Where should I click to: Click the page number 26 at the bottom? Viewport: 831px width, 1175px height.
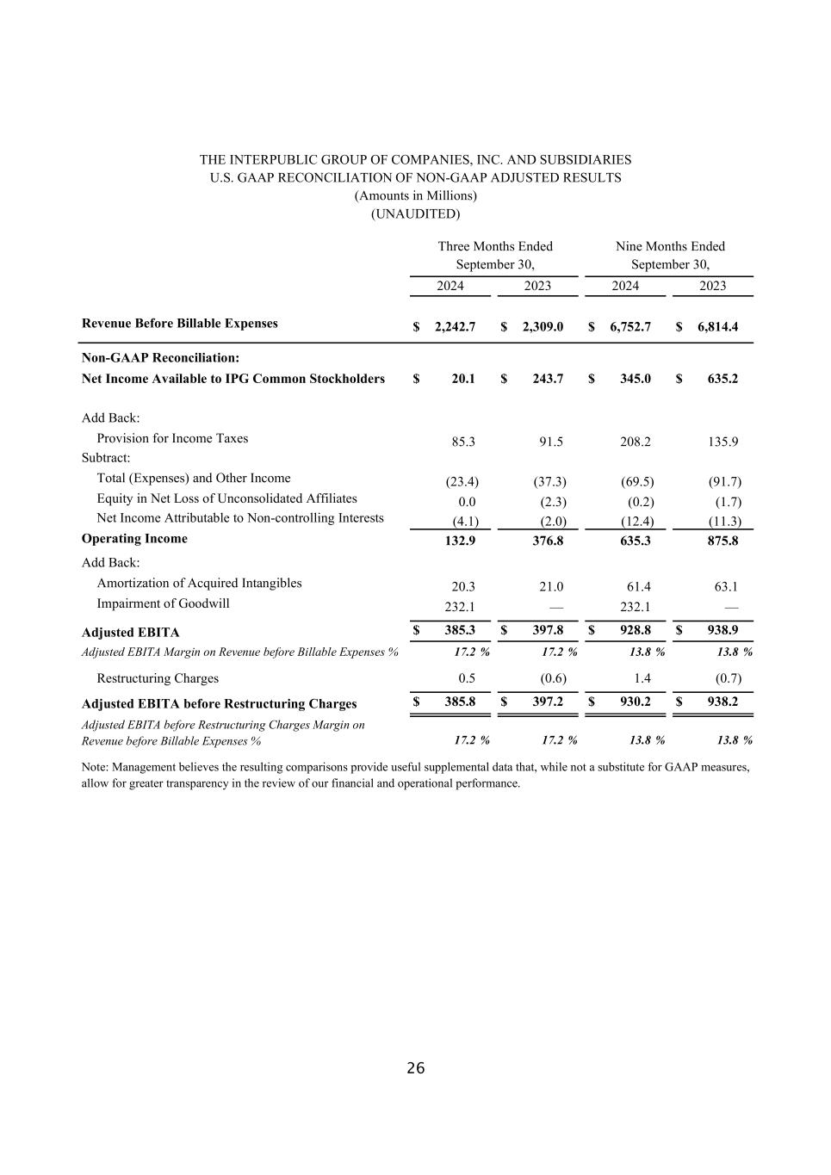[x=415, y=1068]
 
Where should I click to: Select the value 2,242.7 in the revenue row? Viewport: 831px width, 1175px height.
[x=455, y=327]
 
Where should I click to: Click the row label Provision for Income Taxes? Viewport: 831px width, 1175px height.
[x=172, y=438]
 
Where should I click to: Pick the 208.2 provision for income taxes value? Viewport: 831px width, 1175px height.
[x=636, y=442]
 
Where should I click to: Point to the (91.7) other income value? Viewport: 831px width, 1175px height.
[x=724, y=482]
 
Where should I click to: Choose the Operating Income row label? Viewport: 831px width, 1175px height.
[x=134, y=539]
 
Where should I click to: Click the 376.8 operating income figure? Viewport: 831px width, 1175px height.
[x=547, y=541]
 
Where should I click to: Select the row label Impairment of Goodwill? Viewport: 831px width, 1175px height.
[x=163, y=603]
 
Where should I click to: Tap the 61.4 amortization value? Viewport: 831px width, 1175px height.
[x=638, y=587]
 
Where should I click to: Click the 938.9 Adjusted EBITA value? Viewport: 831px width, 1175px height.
[x=722, y=630]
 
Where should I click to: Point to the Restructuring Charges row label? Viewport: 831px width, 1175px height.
[x=158, y=678]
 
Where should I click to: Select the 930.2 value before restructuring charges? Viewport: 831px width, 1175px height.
[x=636, y=702]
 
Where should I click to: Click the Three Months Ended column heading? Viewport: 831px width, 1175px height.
[x=495, y=246]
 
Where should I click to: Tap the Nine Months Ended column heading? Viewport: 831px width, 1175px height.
[x=670, y=246]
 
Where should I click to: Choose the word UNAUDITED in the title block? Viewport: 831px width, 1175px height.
[x=415, y=213]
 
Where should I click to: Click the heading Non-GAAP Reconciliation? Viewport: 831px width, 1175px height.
[x=160, y=357]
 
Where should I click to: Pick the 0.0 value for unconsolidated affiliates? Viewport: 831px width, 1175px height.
[x=467, y=502]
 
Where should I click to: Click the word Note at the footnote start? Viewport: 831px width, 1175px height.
[x=94, y=767]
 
